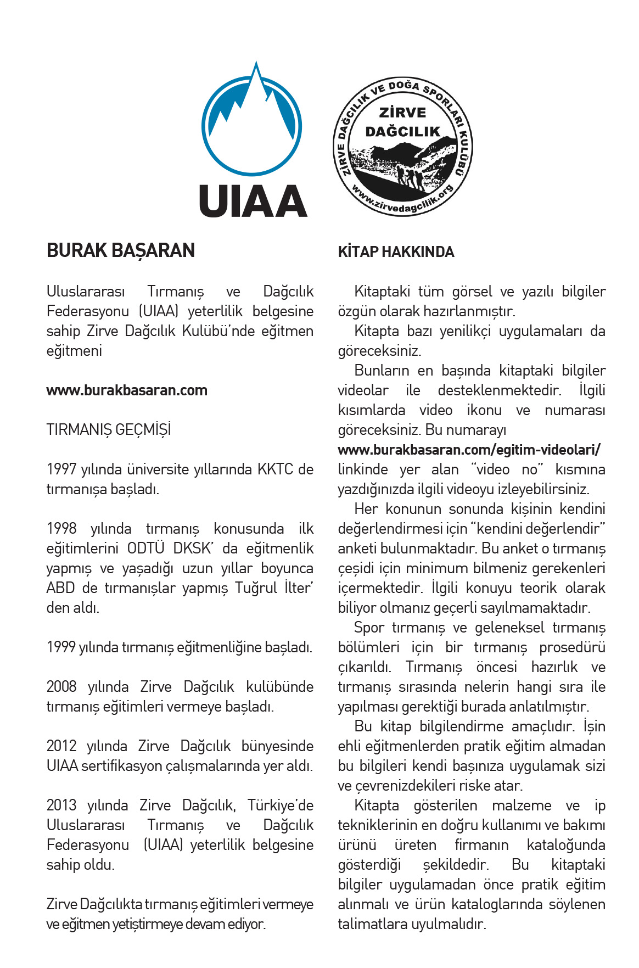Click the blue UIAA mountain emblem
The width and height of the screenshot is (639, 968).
pos(252,122)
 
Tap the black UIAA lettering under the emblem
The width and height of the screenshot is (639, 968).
pos(253,201)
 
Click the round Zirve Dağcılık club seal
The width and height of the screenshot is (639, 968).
pos(403,147)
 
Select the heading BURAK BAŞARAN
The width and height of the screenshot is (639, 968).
pos(121,250)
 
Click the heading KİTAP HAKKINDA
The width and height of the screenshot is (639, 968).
pos(396,252)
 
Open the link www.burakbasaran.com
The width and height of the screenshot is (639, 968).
pos(127,390)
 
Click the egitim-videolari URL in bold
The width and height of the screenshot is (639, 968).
pos(469,450)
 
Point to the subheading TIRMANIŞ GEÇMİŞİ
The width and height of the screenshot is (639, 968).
pos(109,430)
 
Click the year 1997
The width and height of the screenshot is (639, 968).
pos(61,469)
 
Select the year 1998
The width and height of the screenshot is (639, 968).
pos(61,529)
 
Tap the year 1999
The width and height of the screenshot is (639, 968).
pos(61,647)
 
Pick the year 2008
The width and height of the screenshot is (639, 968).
pos(61,687)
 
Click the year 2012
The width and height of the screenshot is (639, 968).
pos(61,746)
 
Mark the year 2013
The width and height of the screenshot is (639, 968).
pos(61,805)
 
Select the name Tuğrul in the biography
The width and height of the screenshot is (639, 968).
pos(256,588)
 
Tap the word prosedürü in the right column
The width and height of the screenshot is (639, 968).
pos(572,647)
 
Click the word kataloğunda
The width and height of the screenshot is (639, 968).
pos(565,845)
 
